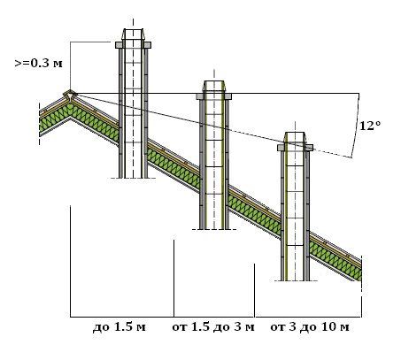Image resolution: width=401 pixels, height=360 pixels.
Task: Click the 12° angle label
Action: pyautogui.click(x=370, y=126)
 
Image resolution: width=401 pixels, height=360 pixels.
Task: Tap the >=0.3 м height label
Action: pyautogui.click(x=39, y=63)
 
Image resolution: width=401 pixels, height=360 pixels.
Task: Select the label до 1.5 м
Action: pyautogui.click(x=120, y=327)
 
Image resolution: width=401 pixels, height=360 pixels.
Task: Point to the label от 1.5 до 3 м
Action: pyautogui.click(x=213, y=327)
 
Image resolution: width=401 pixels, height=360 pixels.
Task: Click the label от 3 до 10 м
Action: pyautogui.click(x=310, y=327)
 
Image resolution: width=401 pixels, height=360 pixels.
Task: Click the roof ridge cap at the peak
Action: pyautogui.click(x=70, y=95)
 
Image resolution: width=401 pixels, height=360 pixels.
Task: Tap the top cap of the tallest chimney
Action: pyautogui.click(x=133, y=34)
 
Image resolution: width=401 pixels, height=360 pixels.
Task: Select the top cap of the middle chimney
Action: pyautogui.click(x=214, y=86)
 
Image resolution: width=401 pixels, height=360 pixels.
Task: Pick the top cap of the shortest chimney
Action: pyautogui.click(x=295, y=137)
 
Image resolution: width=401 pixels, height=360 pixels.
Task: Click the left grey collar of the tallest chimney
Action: pyautogui.click(x=119, y=45)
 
